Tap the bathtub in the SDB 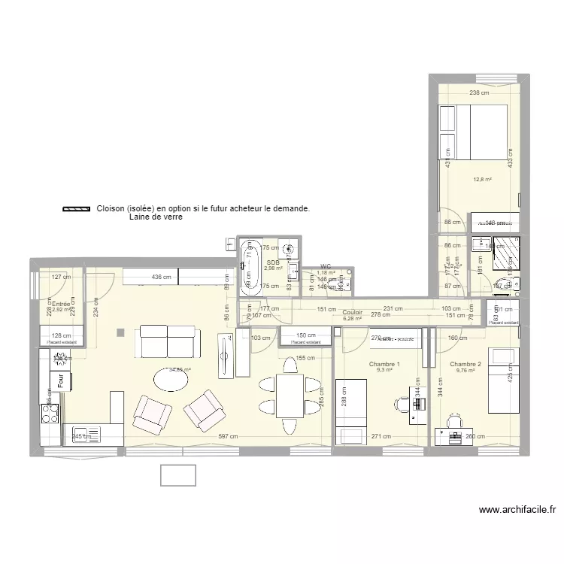pyautogui.click(x=250, y=265)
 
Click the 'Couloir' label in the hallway pyautogui.click(x=352, y=312)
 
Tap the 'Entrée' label pyautogui.click(x=60, y=304)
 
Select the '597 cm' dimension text pyautogui.click(x=228, y=437)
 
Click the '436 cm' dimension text pyautogui.click(x=161, y=277)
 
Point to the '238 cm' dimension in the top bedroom pyautogui.click(x=478, y=93)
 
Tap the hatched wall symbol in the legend pyautogui.click(x=75, y=210)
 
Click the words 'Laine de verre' pyautogui.click(x=156, y=217)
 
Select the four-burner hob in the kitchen pyautogui.click(x=50, y=414)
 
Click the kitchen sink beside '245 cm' pyautogui.click(x=83, y=435)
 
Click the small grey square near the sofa pyautogui.click(x=120, y=331)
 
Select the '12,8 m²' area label pyautogui.click(x=482, y=180)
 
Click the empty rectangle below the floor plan pyautogui.click(x=177, y=475)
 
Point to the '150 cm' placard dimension pyautogui.click(x=305, y=335)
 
